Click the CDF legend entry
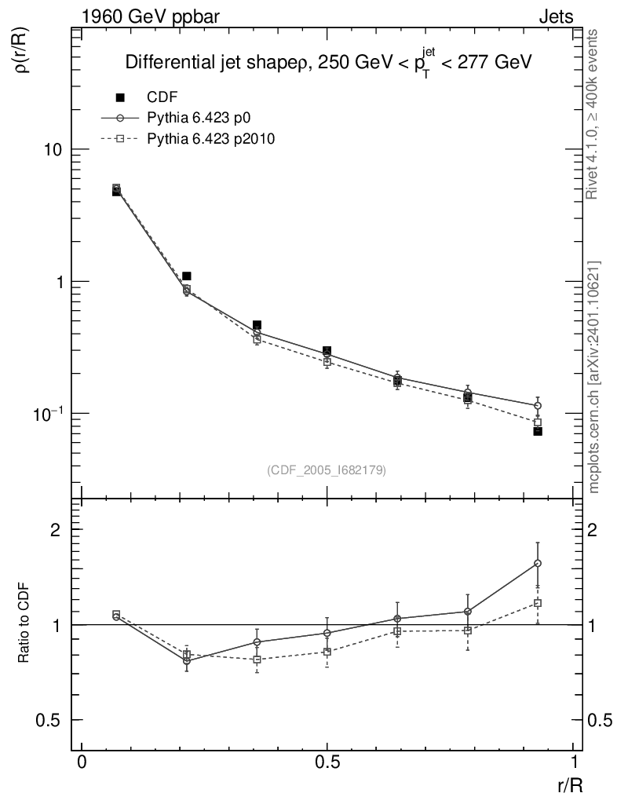[162, 97]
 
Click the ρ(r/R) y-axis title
[22, 52]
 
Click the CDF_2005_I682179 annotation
[326, 470]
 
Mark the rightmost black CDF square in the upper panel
[538, 430]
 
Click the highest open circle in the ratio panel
[538, 563]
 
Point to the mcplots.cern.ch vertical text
[595, 377]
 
